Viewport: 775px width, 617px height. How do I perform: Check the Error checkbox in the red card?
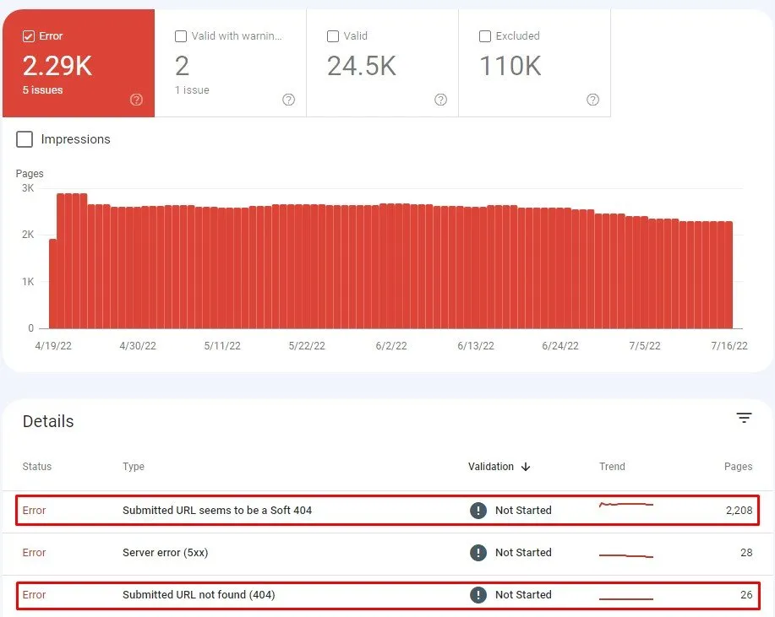(29, 36)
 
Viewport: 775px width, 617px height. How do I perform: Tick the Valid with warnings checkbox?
(181, 36)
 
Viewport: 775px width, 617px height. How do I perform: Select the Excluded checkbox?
(485, 36)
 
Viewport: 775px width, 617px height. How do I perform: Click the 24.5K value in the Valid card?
(361, 66)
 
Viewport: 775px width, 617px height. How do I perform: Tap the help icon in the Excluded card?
(592, 100)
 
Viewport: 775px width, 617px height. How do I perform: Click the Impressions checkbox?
(25, 139)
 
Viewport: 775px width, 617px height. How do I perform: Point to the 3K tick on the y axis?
(28, 188)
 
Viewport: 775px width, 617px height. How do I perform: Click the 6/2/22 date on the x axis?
(390, 346)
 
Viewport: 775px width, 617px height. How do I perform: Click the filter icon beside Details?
(744, 418)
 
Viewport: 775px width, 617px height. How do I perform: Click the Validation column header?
(491, 467)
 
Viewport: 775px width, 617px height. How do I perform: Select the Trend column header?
(612, 467)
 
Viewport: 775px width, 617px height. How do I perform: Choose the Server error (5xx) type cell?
(165, 553)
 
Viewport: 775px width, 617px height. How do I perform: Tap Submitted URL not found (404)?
(199, 595)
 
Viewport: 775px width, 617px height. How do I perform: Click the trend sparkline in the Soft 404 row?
(625, 506)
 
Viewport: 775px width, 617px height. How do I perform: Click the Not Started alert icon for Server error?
(478, 553)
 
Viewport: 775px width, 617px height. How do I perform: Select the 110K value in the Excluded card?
(510, 66)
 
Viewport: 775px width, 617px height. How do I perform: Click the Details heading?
(48, 422)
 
